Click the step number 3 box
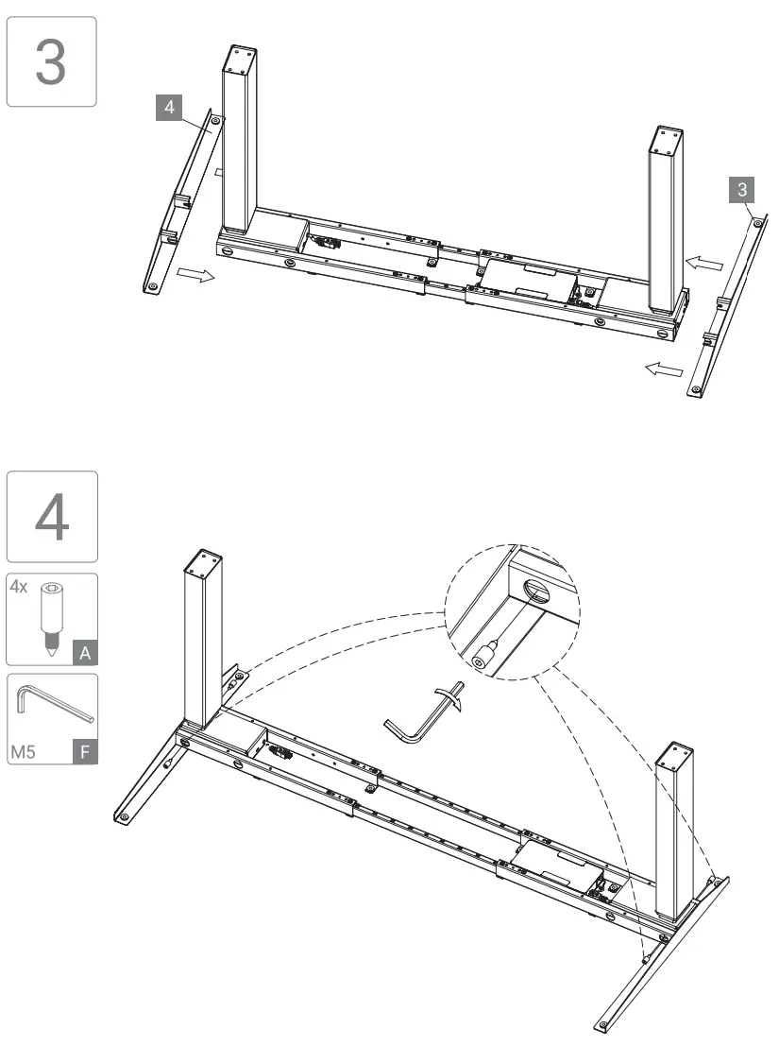pyautogui.click(x=51, y=61)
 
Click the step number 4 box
pyautogui.click(x=51, y=517)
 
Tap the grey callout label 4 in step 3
pyautogui.click(x=169, y=108)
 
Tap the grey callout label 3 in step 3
pyautogui.click(x=743, y=190)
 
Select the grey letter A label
pyautogui.click(x=85, y=651)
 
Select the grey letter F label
pyautogui.click(x=85, y=752)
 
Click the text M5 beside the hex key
pyautogui.click(x=25, y=753)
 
